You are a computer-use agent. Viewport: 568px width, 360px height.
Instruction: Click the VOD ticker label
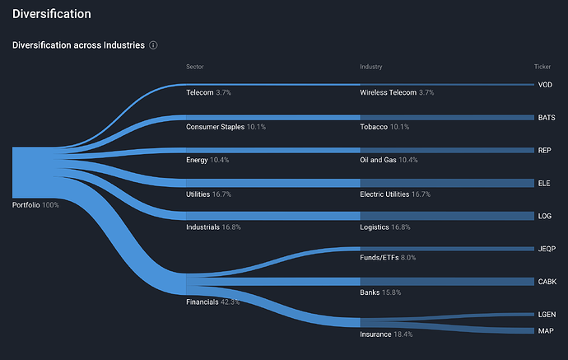(x=544, y=85)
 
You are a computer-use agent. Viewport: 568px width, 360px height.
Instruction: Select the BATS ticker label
(x=546, y=118)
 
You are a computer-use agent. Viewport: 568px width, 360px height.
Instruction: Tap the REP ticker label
(x=544, y=151)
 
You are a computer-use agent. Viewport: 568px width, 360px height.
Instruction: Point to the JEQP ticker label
(x=546, y=248)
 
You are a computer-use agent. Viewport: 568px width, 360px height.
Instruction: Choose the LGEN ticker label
(x=546, y=315)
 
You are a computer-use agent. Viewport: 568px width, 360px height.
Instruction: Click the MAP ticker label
(x=544, y=330)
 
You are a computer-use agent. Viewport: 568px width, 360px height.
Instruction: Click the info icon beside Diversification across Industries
(x=153, y=45)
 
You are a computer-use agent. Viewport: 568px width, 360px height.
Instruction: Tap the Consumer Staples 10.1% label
(x=226, y=127)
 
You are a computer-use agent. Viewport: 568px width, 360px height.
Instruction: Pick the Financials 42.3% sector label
(x=213, y=302)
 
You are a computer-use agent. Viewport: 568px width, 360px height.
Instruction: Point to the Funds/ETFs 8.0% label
(x=388, y=258)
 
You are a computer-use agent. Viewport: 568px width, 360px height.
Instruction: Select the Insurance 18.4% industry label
(x=385, y=335)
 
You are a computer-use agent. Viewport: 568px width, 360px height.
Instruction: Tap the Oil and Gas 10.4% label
(x=389, y=160)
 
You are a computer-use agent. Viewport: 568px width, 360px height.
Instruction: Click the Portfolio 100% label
(x=35, y=204)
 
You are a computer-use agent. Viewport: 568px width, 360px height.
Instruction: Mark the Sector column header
(x=195, y=66)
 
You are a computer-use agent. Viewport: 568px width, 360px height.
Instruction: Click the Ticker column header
(x=542, y=66)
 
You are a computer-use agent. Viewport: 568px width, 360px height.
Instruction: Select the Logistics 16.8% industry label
(x=385, y=227)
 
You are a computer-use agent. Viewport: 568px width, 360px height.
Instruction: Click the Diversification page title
(x=51, y=14)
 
